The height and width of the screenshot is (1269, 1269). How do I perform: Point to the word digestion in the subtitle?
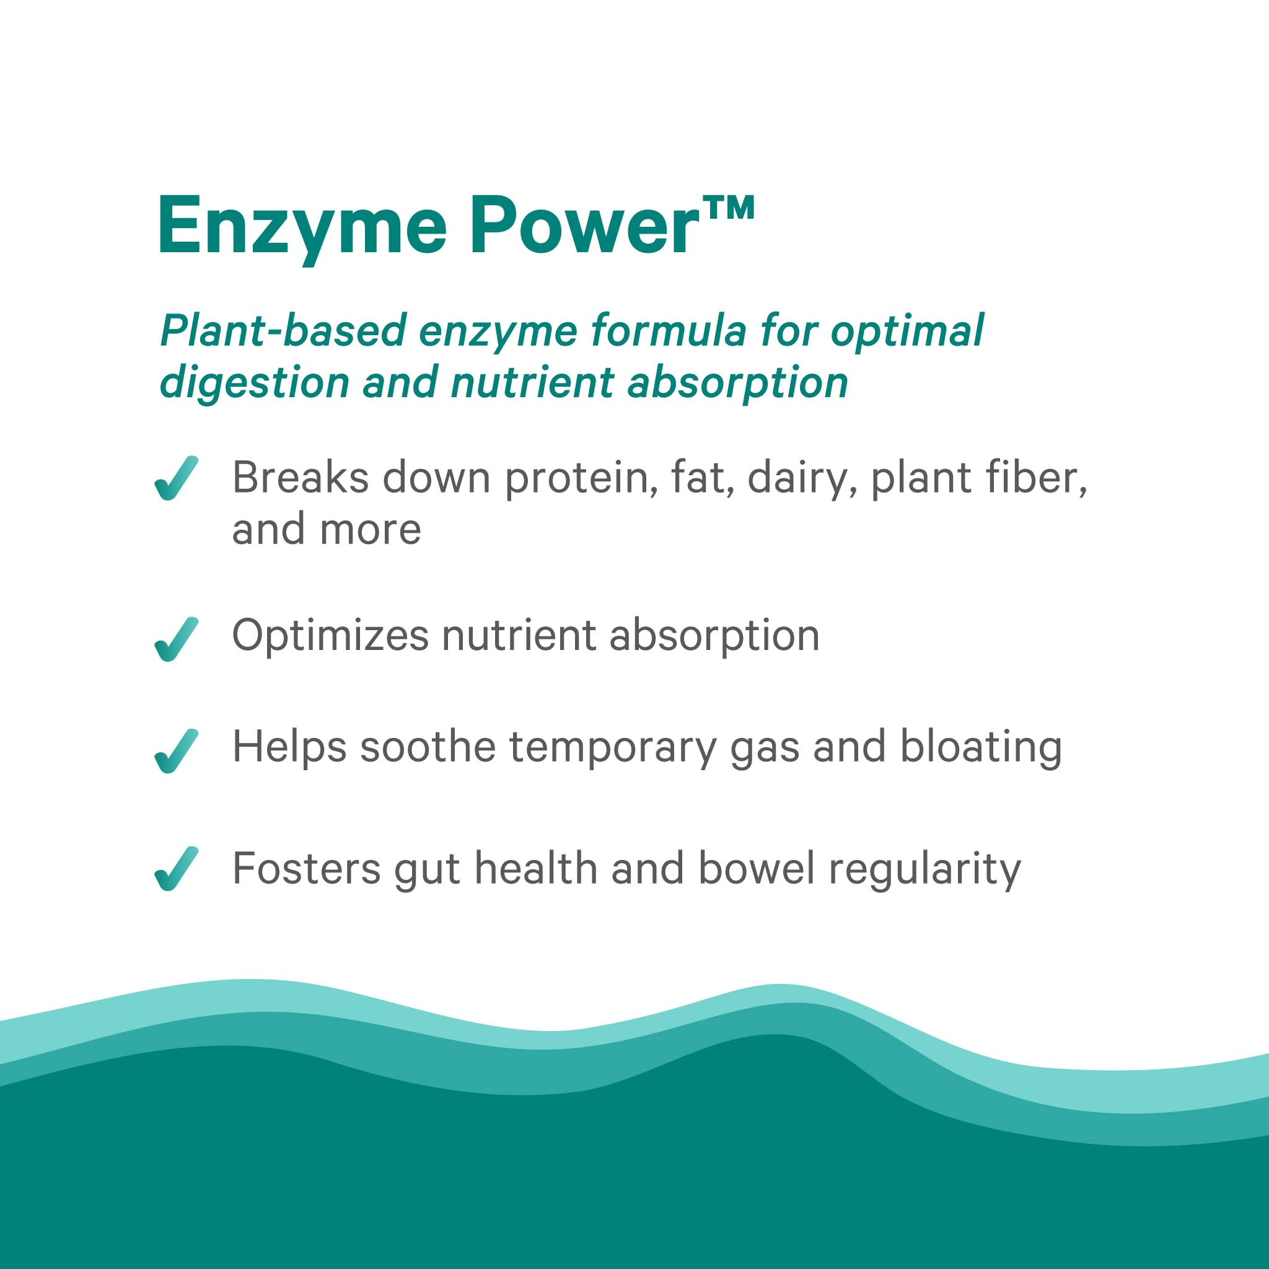254,383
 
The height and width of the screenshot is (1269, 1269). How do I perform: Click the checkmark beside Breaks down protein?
176,478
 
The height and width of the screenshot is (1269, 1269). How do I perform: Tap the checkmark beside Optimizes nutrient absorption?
176,639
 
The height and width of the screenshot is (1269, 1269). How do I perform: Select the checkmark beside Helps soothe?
176,751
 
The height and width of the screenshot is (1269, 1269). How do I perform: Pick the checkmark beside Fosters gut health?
176,868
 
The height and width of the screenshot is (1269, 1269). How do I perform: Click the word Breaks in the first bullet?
300,478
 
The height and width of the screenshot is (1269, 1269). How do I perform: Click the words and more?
326,530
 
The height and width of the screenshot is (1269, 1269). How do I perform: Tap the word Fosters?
306,869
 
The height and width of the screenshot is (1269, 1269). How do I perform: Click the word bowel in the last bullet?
757,869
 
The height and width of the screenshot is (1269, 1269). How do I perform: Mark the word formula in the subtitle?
668,330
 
